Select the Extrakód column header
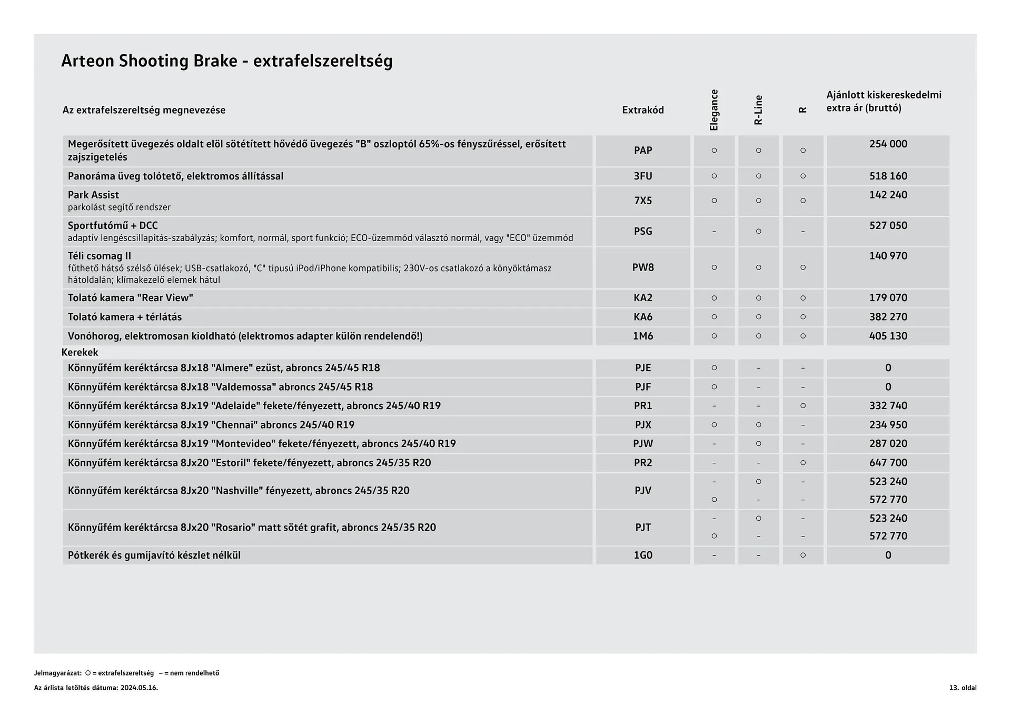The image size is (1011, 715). point(642,110)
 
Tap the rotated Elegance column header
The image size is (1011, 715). point(714,110)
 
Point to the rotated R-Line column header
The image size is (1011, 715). point(758,110)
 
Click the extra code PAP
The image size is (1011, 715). point(642,151)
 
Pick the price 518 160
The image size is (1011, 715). point(888,176)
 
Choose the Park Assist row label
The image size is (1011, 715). point(93,195)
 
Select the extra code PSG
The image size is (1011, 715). point(642,231)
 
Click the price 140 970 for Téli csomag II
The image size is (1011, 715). point(888,256)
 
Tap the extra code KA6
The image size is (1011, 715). point(642,317)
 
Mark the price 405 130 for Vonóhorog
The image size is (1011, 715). point(888,336)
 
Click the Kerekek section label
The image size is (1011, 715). point(80,352)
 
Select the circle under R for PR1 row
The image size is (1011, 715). point(802,406)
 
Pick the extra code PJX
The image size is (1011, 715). point(642,425)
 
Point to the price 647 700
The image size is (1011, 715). point(888,463)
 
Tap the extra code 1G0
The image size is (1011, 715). point(642,555)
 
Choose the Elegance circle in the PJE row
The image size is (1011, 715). point(714,368)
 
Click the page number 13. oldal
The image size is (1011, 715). point(963,688)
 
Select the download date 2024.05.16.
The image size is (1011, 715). point(139,688)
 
